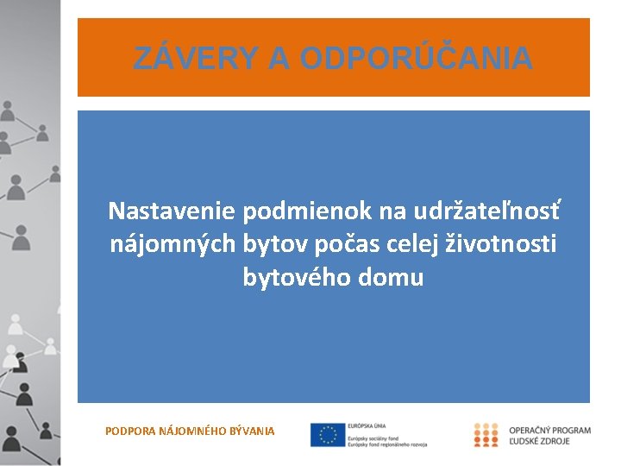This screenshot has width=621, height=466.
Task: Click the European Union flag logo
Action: [327, 435]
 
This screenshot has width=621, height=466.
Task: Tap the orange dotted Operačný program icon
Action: [486, 435]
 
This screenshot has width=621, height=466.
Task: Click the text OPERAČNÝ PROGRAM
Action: [549, 430]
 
